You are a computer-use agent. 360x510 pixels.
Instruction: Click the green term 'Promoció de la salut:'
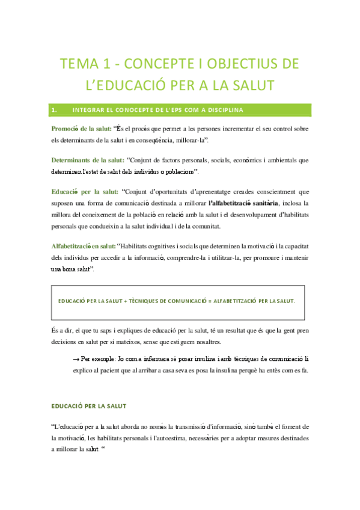pos(81,129)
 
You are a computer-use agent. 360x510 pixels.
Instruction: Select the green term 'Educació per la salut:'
pos(85,192)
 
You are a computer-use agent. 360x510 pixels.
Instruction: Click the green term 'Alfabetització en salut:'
pos(84,245)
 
